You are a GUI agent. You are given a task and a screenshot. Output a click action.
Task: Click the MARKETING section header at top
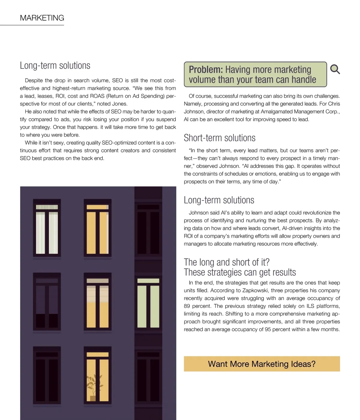42,18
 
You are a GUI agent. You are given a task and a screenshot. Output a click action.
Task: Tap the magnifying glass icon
335,69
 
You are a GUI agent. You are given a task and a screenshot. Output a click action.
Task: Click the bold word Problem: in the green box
206,70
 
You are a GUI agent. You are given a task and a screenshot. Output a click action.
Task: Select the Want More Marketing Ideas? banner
262,364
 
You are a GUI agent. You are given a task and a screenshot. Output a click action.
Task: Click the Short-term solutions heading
220,138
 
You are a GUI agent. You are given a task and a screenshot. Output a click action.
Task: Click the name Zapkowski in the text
255,290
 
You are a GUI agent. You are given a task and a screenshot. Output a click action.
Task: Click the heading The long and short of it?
226,262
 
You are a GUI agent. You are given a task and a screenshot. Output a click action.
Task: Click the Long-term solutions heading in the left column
55,65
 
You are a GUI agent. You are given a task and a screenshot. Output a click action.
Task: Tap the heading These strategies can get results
240,272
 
